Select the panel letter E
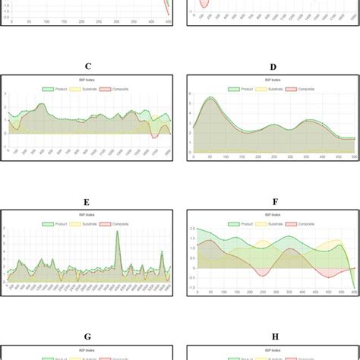pos(87,203)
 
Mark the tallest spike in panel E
pos(118,232)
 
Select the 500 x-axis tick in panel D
pos(354,157)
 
